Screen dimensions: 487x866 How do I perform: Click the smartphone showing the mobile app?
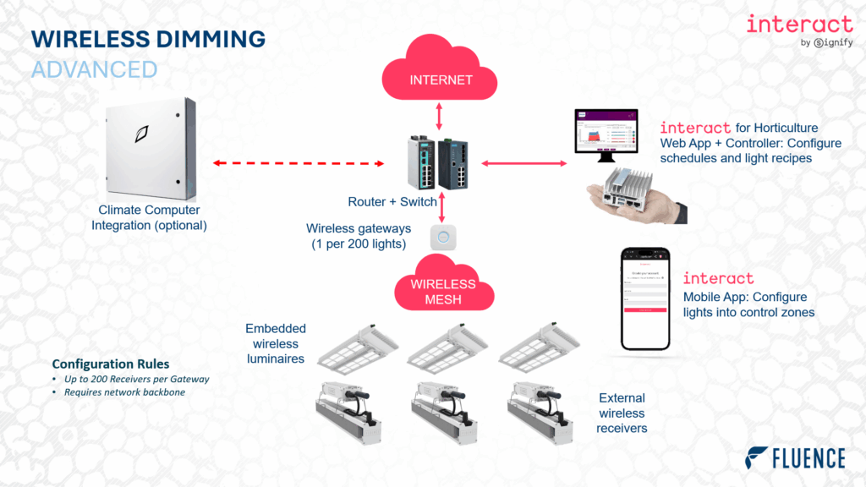[x=646, y=298]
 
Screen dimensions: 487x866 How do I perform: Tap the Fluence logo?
[x=795, y=458]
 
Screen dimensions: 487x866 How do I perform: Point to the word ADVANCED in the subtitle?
[x=94, y=68]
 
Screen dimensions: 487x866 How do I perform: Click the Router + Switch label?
[x=392, y=202]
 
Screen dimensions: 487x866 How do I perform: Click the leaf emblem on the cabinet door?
[x=143, y=134]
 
